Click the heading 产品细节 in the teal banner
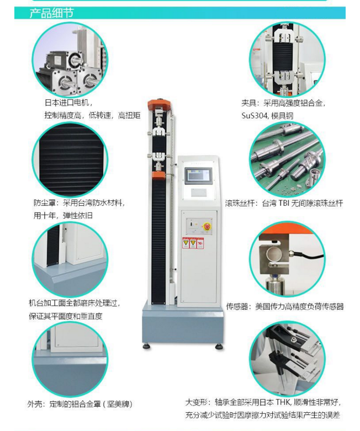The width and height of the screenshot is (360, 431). pos(52,13)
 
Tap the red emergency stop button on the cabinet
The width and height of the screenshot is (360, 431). pos(207,227)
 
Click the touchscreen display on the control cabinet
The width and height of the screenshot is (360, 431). pos(199,176)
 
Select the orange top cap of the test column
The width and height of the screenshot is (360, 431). pos(160,104)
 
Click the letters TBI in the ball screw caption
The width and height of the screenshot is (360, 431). pos(284,203)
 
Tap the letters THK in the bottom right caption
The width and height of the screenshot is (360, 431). pos(283,402)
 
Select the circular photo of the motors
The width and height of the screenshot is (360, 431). pos(70,59)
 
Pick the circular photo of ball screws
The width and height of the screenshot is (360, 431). pos(288,159)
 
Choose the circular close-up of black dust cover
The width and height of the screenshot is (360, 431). pos(70,160)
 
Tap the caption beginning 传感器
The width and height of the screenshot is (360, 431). pos(285,306)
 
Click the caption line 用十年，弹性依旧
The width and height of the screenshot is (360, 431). pos(63,215)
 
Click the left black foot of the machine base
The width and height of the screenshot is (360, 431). pos(147,347)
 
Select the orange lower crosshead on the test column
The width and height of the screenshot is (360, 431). pos(158,175)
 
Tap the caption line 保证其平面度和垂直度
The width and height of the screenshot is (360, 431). pos(66,316)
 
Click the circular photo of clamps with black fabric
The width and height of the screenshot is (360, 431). pos(288,59)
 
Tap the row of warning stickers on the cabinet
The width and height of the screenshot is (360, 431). pos(193,243)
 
